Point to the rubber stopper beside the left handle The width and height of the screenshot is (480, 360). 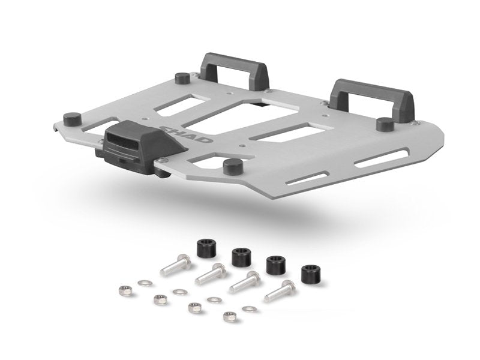point(181,79)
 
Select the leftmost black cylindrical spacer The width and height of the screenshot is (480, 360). point(207,247)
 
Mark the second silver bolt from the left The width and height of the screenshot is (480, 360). point(210,274)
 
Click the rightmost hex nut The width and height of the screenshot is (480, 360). point(227,317)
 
